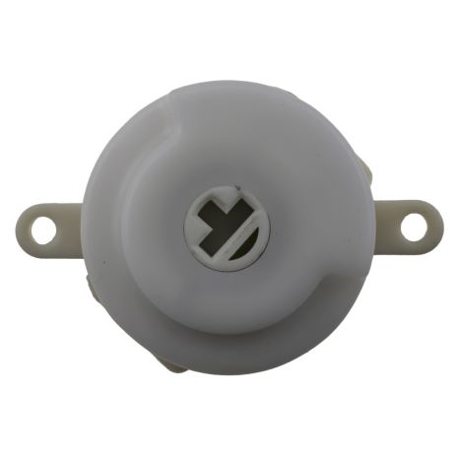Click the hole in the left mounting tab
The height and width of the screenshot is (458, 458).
42,229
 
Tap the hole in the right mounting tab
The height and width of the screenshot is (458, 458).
414,226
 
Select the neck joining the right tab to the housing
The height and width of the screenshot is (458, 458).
382,226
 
